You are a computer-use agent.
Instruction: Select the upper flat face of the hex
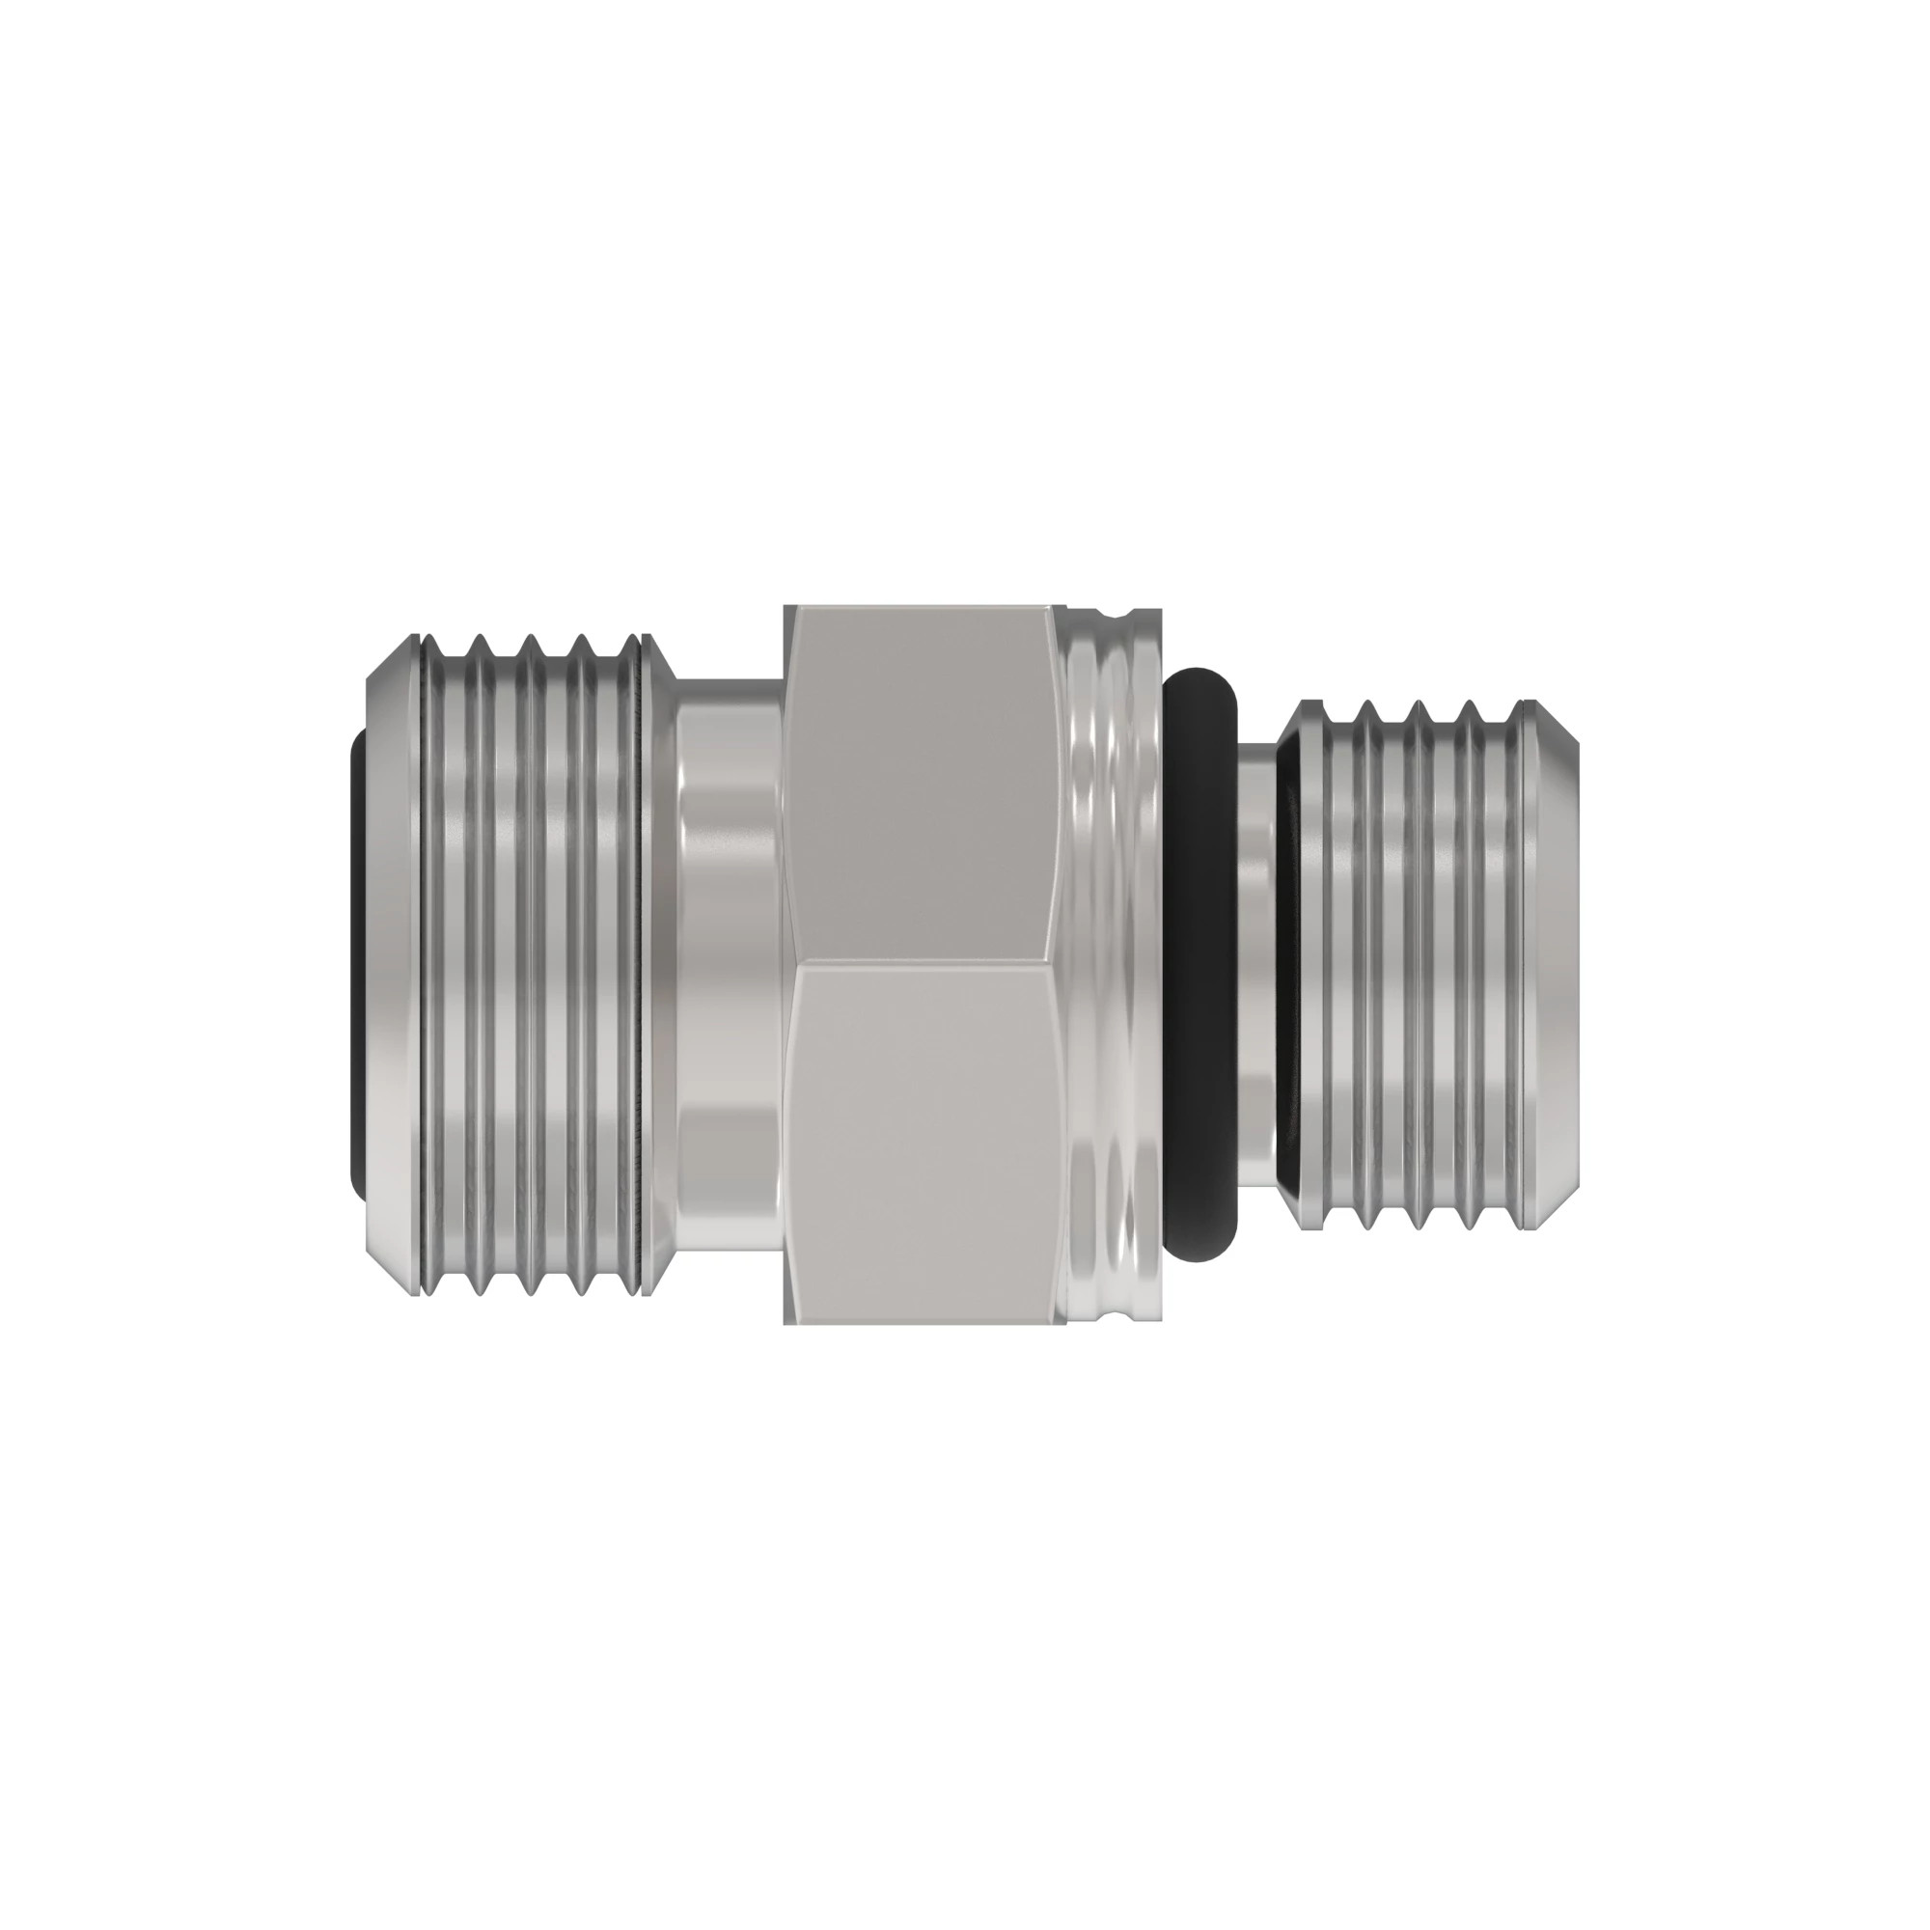click(919, 789)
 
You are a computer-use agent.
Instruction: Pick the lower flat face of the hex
click(919, 1139)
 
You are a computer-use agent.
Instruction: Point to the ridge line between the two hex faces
click(919, 963)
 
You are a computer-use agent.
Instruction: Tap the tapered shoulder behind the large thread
click(661, 964)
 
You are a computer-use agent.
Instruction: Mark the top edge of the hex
click(919, 607)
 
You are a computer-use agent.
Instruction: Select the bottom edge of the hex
click(919, 1323)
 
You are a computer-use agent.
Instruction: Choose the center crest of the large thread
click(530, 964)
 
